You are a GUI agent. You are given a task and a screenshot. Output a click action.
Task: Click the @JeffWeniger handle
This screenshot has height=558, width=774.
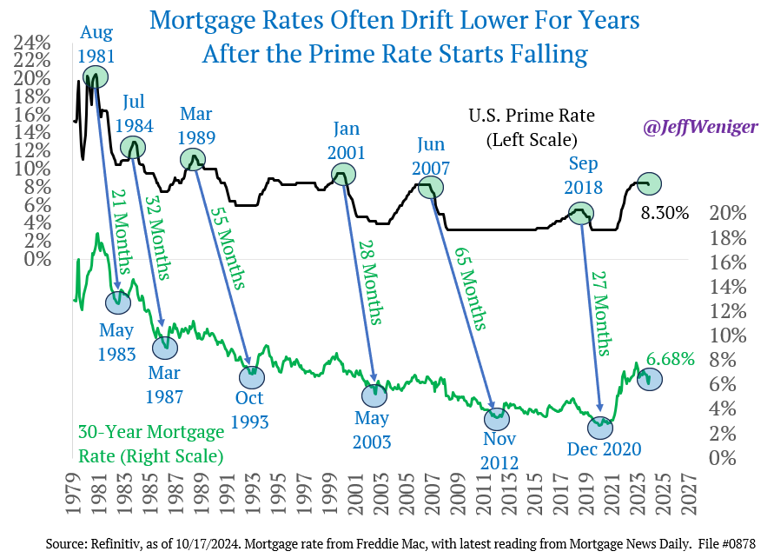click(700, 127)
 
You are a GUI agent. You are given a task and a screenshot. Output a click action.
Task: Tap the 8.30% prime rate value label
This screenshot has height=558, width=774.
click(665, 212)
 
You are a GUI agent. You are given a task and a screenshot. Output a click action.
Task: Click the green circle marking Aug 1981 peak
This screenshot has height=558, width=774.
click(96, 76)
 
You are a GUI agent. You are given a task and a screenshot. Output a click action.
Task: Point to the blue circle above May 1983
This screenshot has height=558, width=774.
click(117, 302)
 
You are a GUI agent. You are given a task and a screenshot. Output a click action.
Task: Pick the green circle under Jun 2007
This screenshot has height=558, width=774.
click(431, 185)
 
